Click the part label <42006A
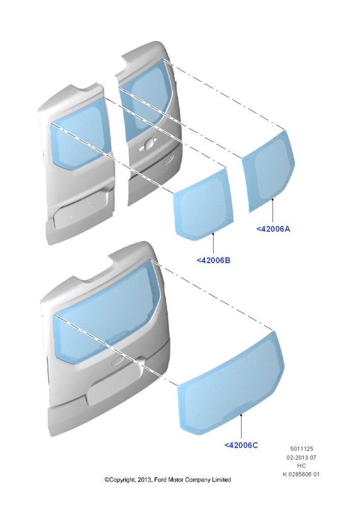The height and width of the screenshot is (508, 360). point(273,229)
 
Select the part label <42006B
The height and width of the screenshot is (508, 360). point(214,260)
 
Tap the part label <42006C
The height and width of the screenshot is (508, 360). point(241,445)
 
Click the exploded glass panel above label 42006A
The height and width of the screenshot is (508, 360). point(268,171)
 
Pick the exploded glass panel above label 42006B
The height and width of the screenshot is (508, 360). point(204,204)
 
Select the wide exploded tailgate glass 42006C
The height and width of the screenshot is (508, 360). point(231,383)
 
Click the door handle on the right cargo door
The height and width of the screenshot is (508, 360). point(147,144)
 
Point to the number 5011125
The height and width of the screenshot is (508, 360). point(302,449)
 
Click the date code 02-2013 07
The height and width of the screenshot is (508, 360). point(302,458)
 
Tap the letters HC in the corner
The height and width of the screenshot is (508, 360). point(302,466)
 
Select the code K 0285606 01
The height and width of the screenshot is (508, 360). point(302,474)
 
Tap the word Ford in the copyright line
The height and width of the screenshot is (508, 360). point(160,480)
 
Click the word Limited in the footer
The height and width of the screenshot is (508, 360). point(221,480)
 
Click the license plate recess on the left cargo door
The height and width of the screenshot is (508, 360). point(81,209)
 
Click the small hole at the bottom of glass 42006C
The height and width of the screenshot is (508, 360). point(239,412)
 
